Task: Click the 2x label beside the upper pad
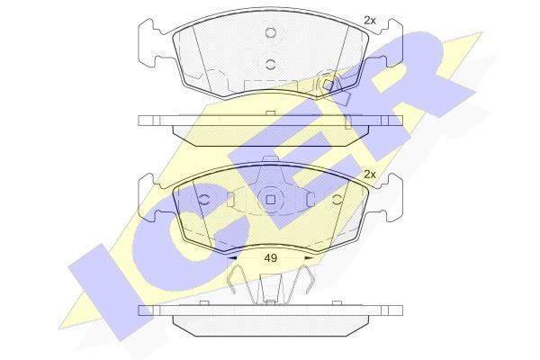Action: click(x=370, y=21)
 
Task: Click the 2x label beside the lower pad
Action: click(x=370, y=175)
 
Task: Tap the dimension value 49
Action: click(x=271, y=257)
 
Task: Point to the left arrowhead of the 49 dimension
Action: click(x=232, y=257)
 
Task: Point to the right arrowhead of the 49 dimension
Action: click(x=310, y=257)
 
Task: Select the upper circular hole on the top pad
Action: click(x=271, y=32)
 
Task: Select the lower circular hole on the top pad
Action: click(x=271, y=64)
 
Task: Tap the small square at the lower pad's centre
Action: click(x=271, y=200)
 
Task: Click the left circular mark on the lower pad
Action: click(x=204, y=200)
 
